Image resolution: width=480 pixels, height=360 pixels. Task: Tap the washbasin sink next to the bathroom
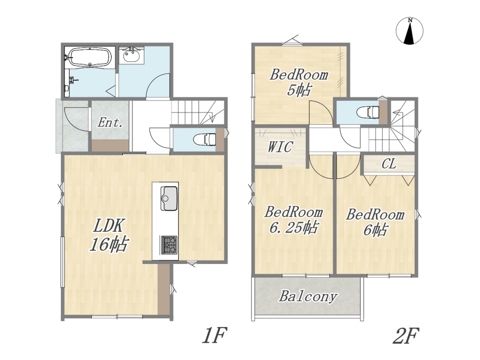132,56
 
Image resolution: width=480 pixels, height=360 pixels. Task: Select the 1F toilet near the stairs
205,139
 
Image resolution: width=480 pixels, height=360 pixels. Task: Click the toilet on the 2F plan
368,112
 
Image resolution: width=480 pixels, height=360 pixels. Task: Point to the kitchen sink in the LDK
168,199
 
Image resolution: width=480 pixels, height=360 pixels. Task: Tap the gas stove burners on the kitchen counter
169,245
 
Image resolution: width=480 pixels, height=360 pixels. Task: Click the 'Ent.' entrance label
110,123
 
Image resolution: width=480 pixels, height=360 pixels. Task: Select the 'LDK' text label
108,226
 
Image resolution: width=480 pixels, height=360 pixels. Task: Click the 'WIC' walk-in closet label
280,147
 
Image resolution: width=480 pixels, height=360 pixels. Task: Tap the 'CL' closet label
389,164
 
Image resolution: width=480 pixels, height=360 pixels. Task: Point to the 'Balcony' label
308,296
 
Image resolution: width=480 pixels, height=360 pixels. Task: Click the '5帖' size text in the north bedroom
299,90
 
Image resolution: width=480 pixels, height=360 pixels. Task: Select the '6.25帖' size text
293,227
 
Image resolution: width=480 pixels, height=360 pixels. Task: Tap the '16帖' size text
109,244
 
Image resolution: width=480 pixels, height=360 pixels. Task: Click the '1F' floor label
214,336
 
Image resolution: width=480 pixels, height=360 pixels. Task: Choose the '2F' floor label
406,336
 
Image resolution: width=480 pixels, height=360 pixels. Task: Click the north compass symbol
410,31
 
